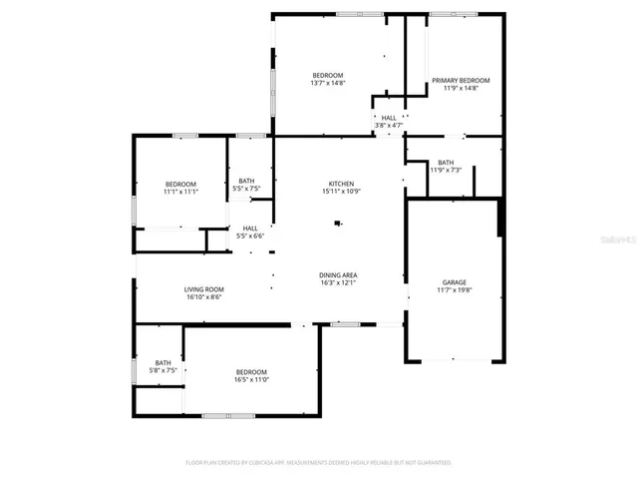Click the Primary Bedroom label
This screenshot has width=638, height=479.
461,80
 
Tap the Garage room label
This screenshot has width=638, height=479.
454,282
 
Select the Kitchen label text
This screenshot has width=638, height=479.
341,184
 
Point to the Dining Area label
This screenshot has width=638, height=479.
338,274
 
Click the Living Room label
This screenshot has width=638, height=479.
202,289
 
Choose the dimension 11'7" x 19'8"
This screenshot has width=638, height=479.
454,290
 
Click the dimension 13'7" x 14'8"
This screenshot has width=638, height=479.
327,84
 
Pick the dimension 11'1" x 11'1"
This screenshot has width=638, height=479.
180,192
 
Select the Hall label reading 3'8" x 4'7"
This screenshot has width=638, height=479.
389,125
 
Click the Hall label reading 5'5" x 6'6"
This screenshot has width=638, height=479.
249,237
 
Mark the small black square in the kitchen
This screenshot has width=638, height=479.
337,224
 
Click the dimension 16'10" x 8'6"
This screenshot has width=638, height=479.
202,297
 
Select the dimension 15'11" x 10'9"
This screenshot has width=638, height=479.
340,192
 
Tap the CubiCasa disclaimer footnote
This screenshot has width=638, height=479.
318,462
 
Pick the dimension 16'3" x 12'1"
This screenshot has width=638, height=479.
338,282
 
